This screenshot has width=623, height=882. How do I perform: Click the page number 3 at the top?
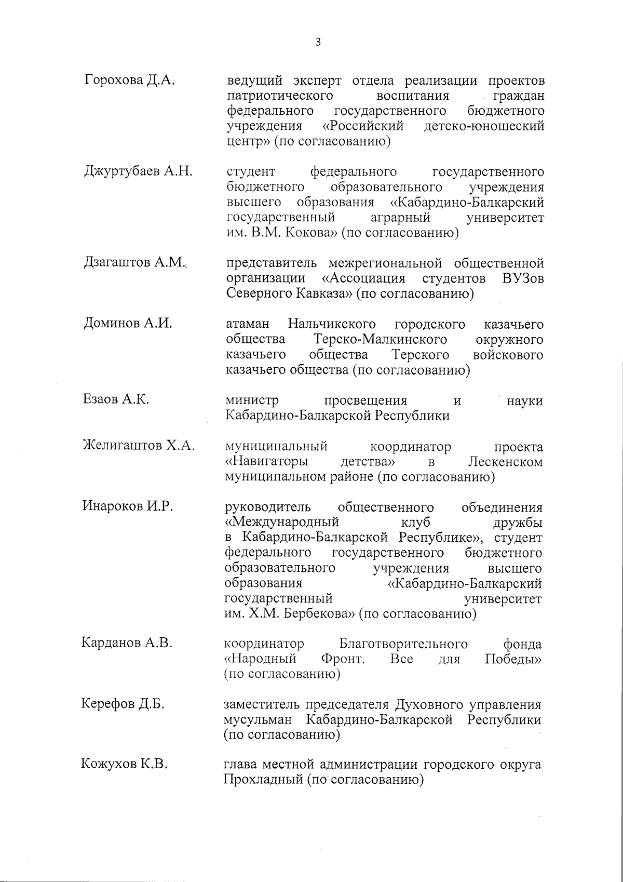318,43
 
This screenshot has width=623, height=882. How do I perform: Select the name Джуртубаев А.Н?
138,171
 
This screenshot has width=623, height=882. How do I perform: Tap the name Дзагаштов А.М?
134,263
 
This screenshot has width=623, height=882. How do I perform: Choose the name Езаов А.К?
116,399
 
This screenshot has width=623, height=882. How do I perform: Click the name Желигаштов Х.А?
139,445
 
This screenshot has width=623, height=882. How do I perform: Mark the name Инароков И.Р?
127,506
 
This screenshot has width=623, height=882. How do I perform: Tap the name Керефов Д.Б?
123,704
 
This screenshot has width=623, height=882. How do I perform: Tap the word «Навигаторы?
265,462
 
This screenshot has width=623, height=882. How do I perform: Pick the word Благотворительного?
403,645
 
